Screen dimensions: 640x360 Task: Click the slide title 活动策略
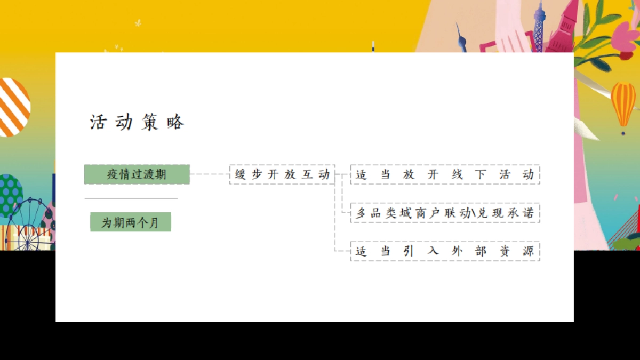point(137,123)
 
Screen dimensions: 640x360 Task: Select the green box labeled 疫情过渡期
point(137,174)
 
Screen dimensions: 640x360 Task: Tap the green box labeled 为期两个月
point(130,222)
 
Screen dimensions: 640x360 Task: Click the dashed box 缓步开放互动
point(282,174)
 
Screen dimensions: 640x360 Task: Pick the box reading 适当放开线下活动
point(445,174)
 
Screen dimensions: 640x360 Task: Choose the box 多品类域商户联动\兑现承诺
point(445,213)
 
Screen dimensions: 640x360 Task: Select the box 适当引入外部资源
point(445,251)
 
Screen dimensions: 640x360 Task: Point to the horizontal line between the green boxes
point(131,199)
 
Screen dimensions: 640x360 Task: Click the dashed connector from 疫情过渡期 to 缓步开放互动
point(210,174)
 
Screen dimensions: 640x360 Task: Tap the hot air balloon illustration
point(623,103)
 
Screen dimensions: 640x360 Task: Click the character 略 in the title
point(175,123)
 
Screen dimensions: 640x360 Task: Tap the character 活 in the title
point(98,123)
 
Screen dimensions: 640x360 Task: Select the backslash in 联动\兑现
point(473,213)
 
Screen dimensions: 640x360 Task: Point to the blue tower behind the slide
point(540,27)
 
